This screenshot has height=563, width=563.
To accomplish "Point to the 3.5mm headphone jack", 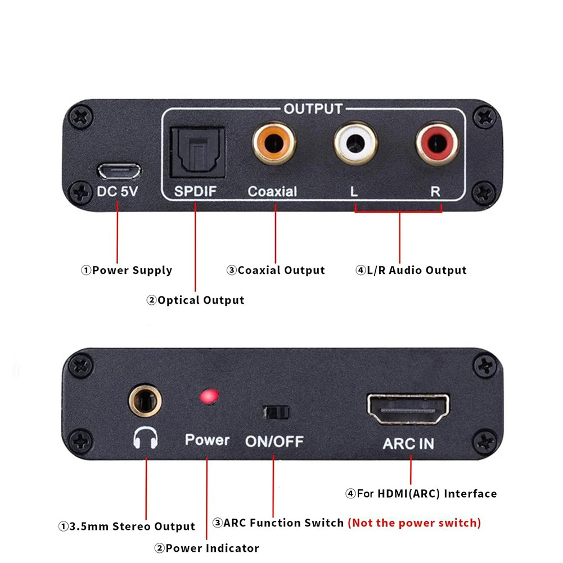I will point(145,400).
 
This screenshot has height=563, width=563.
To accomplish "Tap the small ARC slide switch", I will point(276,412).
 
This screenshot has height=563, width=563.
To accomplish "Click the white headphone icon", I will point(145,438).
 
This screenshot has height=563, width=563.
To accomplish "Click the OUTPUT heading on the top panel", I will point(313,109).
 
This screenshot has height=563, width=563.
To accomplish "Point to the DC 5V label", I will point(117,191).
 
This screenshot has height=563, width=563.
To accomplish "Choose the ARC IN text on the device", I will point(408,444).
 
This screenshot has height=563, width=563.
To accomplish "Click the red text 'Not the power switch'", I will point(415,523).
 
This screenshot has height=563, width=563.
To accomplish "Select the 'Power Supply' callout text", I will point(132,271).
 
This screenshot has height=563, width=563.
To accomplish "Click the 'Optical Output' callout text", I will point(200,300).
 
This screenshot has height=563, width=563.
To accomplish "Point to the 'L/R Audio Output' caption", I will point(417,271).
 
